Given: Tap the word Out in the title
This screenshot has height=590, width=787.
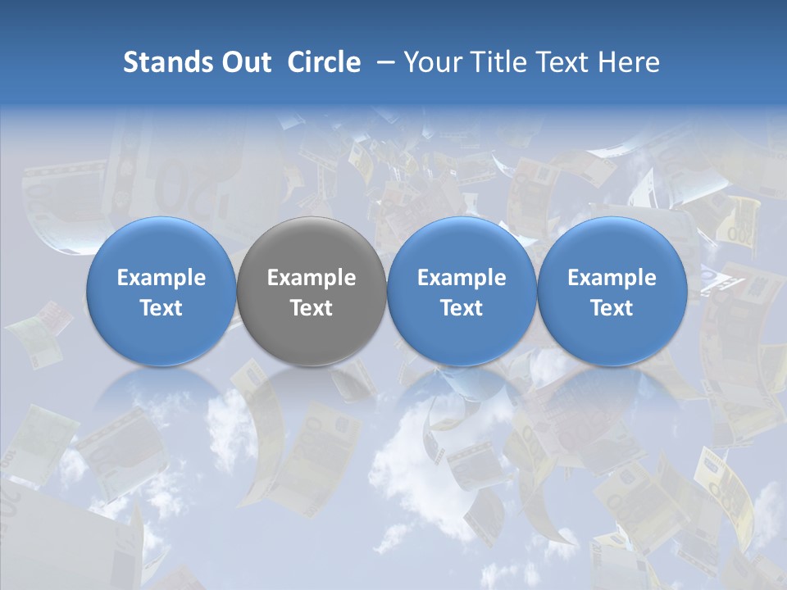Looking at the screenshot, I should click(246, 62).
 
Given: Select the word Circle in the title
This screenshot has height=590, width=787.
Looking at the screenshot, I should click(324, 62).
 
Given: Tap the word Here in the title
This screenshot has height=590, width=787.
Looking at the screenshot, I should click(629, 62).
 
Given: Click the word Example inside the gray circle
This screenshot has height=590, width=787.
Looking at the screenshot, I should click(312, 278).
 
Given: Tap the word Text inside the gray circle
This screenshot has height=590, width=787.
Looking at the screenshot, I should click(312, 308).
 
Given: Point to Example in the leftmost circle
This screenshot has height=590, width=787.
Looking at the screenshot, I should click(161, 278).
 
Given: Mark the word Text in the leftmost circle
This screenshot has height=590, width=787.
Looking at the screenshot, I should click(161, 308).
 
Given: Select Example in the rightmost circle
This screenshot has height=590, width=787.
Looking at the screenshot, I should click(612, 278).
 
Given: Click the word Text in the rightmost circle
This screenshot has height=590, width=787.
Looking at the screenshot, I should click(612, 308).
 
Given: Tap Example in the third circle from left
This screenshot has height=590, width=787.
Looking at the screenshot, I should click(462, 278).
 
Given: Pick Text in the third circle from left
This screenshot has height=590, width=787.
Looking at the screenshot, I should click(462, 308).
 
